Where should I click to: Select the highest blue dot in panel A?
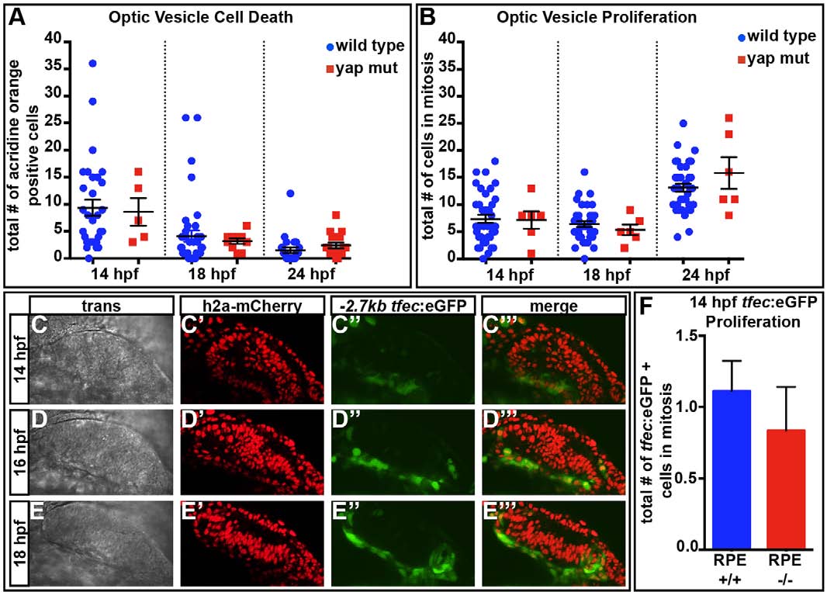92,63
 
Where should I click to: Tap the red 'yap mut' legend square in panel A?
330,68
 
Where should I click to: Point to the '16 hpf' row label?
17,448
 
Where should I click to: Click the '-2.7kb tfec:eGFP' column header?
389,307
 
